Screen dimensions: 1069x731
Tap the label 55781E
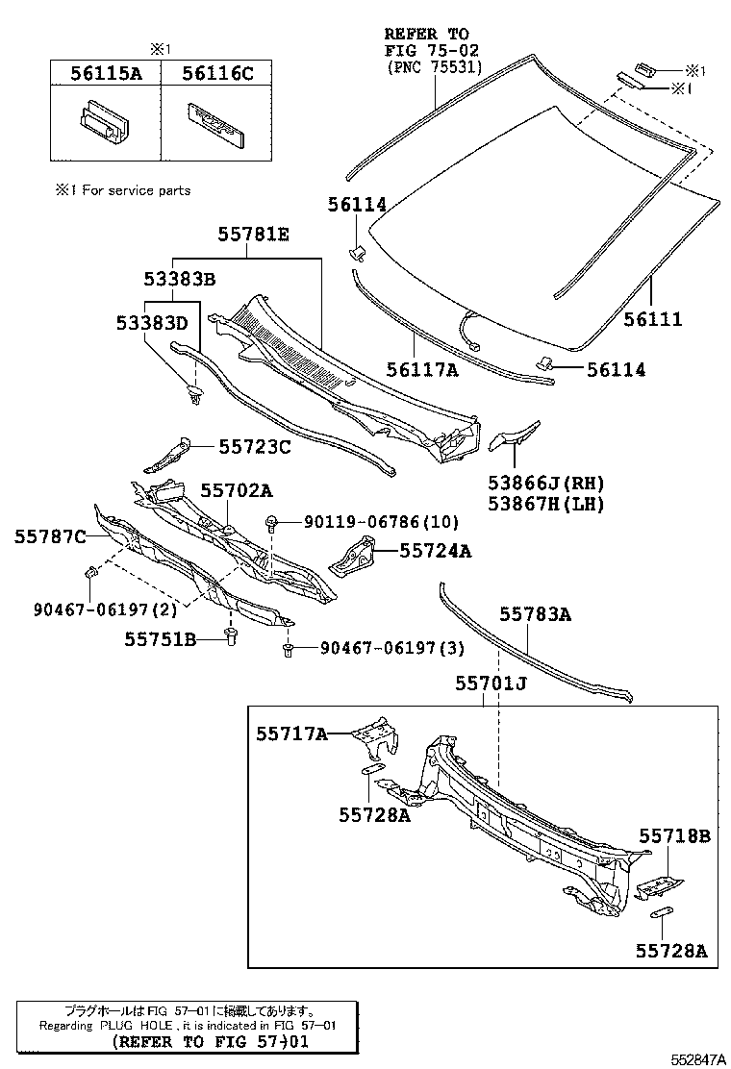pyautogui.click(x=253, y=235)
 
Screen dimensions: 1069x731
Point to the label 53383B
pyautogui.click(x=179, y=280)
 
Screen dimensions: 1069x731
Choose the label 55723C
pyautogui.click(x=254, y=446)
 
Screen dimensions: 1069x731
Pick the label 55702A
pyautogui.click(x=236, y=491)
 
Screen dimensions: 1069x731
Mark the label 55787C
pyautogui.click(x=50, y=535)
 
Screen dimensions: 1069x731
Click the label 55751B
pyautogui.click(x=160, y=638)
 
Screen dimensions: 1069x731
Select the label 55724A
pyautogui.click(x=436, y=551)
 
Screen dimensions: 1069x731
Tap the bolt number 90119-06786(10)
pyautogui.click(x=381, y=521)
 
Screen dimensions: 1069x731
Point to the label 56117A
pyautogui.click(x=423, y=369)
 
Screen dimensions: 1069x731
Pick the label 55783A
pyautogui.click(x=535, y=615)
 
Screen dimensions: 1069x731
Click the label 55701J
pyautogui.click(x=491, y=684)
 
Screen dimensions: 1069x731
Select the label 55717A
pyautogui.click(x=292, y=733)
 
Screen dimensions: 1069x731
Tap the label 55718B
pyautogui.click(x=674, y=836)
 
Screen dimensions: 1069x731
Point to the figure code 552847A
pyautogui.click(x=698, y=1058)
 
